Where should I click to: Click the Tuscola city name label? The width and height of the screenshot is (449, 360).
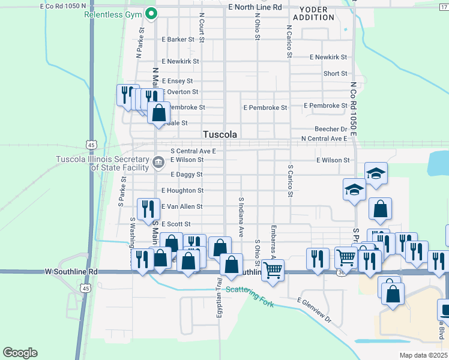coord(220,134)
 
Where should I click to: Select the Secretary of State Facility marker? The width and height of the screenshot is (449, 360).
coord(158,161)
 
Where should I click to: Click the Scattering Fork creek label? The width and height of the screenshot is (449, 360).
coord(250,297)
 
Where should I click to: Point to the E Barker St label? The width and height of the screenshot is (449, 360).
coord(179,40)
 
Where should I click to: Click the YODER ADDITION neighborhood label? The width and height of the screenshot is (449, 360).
coord(313,13)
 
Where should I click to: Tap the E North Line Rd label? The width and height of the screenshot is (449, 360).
coord(255,7)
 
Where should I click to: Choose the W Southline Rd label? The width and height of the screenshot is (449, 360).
coord(71,271)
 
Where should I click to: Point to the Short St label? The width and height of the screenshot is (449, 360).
coord(335,74)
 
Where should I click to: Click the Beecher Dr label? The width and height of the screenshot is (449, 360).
coord(331,129)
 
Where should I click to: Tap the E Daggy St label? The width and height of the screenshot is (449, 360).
coord(187,175)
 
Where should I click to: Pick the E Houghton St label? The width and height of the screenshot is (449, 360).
coord(182,191)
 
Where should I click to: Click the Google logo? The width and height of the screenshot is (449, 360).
coord(20,352)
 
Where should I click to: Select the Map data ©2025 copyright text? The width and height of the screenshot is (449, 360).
coord(423,355)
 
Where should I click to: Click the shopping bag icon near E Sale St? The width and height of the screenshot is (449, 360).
coord(158,112)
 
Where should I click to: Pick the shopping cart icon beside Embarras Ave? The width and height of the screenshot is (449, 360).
coord(273,269)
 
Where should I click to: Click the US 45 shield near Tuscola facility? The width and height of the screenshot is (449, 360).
coord(91,145)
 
